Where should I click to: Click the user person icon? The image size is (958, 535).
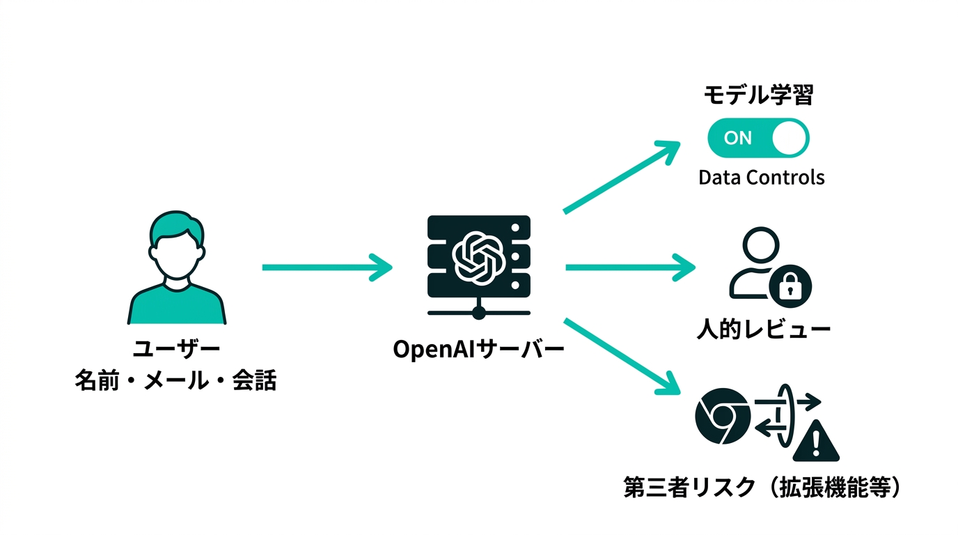tap(177, 268)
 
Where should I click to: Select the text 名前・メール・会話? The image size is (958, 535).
tap(175, 381)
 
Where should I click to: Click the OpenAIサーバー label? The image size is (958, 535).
tap(478, 349)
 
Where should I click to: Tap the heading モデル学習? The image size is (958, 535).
tap(758, 95)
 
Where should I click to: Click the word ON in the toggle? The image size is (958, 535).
tap(737, 138)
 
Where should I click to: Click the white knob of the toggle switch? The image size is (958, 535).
tap(789, 138)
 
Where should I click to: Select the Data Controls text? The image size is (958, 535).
tap(761, 178)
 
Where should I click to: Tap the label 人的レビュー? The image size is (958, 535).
tap(764, 328)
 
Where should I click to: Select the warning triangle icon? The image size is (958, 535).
tap(816, 440)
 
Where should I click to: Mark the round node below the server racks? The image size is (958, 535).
tap(478, 313)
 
